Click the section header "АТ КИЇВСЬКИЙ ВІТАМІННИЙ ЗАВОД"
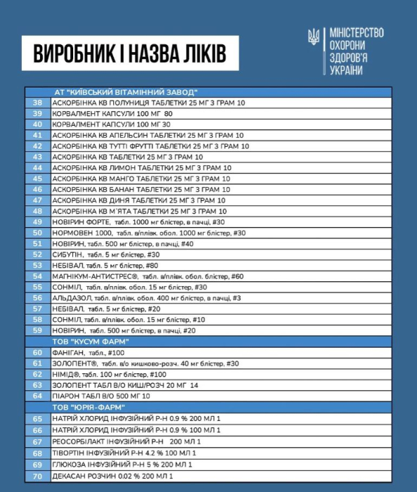pyautogui.click(x=126, y=92)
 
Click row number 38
pyautogui.click(x=38, y=103)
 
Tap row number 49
pyautogui.click(x=38, y=221)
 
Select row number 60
pyautogui.click(x=38, y=352)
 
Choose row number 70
pyautogui.click(x=38, y=476)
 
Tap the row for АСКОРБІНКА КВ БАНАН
pyautogui.click(x=141, y=189)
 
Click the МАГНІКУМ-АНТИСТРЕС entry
pyautogui.click(x=148, y=276)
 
